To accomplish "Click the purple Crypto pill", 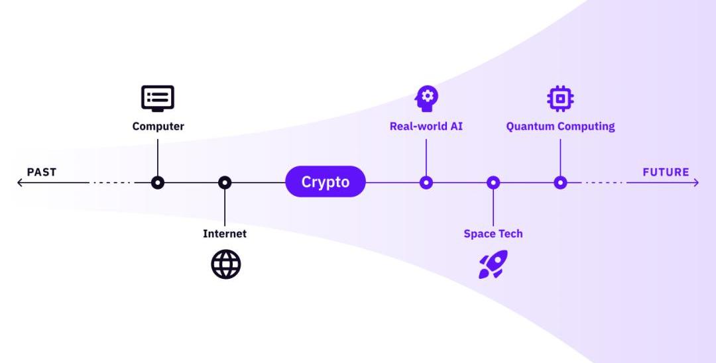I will (x=326, y=182).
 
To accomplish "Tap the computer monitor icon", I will (x=158, y=98).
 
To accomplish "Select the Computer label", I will (x=158, y=126).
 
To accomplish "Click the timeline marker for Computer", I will (x=158, y=182).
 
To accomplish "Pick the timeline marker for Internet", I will (x=225, y=182).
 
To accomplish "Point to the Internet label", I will (x=225, y=233).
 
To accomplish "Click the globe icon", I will (x=225, y=264).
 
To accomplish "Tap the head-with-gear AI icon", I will (x=426, y=98).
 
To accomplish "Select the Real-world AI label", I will (x=426, y=126).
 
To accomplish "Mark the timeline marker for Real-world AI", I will (x=426, y=182).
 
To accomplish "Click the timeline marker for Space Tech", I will (x=493, y=182).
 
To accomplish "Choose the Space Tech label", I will (x=493, y=233).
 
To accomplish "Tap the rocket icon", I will (x=493, y=264).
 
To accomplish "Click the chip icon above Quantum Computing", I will (x=560, y=98).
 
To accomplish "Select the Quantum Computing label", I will (x=560, y=126).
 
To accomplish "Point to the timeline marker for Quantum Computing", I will (x=560, y=182).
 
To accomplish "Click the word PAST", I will (x=42, y=172).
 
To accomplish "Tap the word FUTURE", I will (x=666, y=172).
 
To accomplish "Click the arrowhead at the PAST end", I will (x=20, y=182).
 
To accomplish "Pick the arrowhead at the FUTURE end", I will (x=695, y=182).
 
